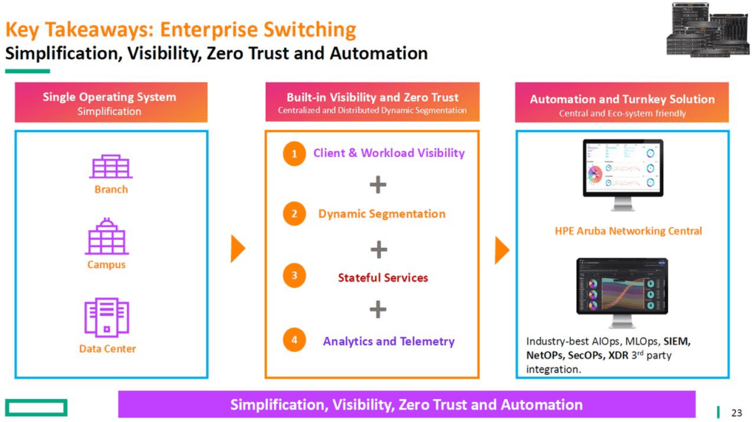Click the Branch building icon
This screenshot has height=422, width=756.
(111, 167)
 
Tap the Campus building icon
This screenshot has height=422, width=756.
(107, 236)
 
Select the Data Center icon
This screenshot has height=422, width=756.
(107, 317)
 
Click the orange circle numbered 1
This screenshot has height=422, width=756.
(294, 153)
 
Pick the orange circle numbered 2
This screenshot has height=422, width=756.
(294, 214)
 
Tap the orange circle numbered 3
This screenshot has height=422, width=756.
(294, 275)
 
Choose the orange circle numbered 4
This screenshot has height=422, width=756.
(294, 339)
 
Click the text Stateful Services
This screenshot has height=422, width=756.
(383, 278)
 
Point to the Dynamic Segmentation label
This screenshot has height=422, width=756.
(382, 214)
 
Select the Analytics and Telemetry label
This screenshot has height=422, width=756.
(388, 342)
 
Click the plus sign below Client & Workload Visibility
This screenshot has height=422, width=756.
(378, 184)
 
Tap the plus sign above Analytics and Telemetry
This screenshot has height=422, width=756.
(378, 309)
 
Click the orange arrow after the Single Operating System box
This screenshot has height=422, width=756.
(238, 249)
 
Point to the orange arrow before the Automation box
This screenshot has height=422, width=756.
(502, 250)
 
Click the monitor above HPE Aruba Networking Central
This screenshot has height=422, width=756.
(623, 175)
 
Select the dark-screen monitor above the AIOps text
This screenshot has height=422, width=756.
(622, 292)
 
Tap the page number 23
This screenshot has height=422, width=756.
(736, 413)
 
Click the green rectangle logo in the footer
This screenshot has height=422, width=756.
(36, 407)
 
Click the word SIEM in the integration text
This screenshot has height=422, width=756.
(676, 342)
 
